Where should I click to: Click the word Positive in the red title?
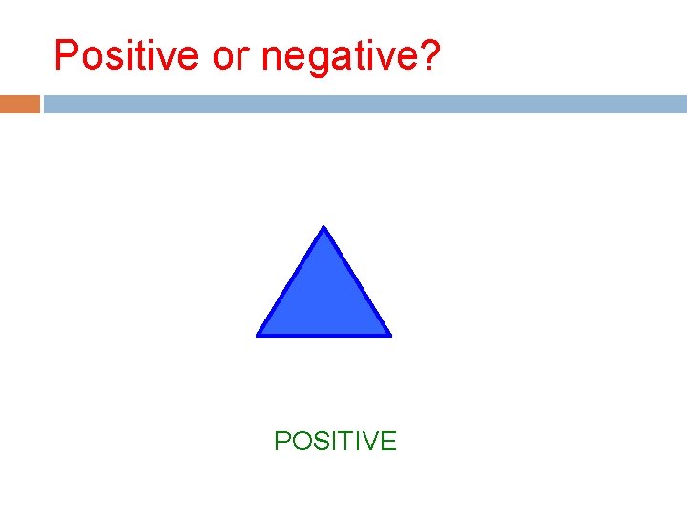coord(128,56)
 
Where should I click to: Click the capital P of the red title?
coord(66,55)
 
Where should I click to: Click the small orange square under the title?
coord(20,104)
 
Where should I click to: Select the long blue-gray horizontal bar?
coord(364,104)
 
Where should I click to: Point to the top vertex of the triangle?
coord(324,228)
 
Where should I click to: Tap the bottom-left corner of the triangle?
coord(259,334)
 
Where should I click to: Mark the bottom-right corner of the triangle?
coord(389,334)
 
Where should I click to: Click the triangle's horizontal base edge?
coord(323,335)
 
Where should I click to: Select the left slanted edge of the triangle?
coord(291,280)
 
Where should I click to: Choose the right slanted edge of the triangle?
coord(357,280)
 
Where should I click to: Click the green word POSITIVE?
coord(335,441)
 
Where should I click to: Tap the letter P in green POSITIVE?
coord(281,441)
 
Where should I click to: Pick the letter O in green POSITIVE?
coord(300,441)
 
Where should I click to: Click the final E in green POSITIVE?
coord(387,441)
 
